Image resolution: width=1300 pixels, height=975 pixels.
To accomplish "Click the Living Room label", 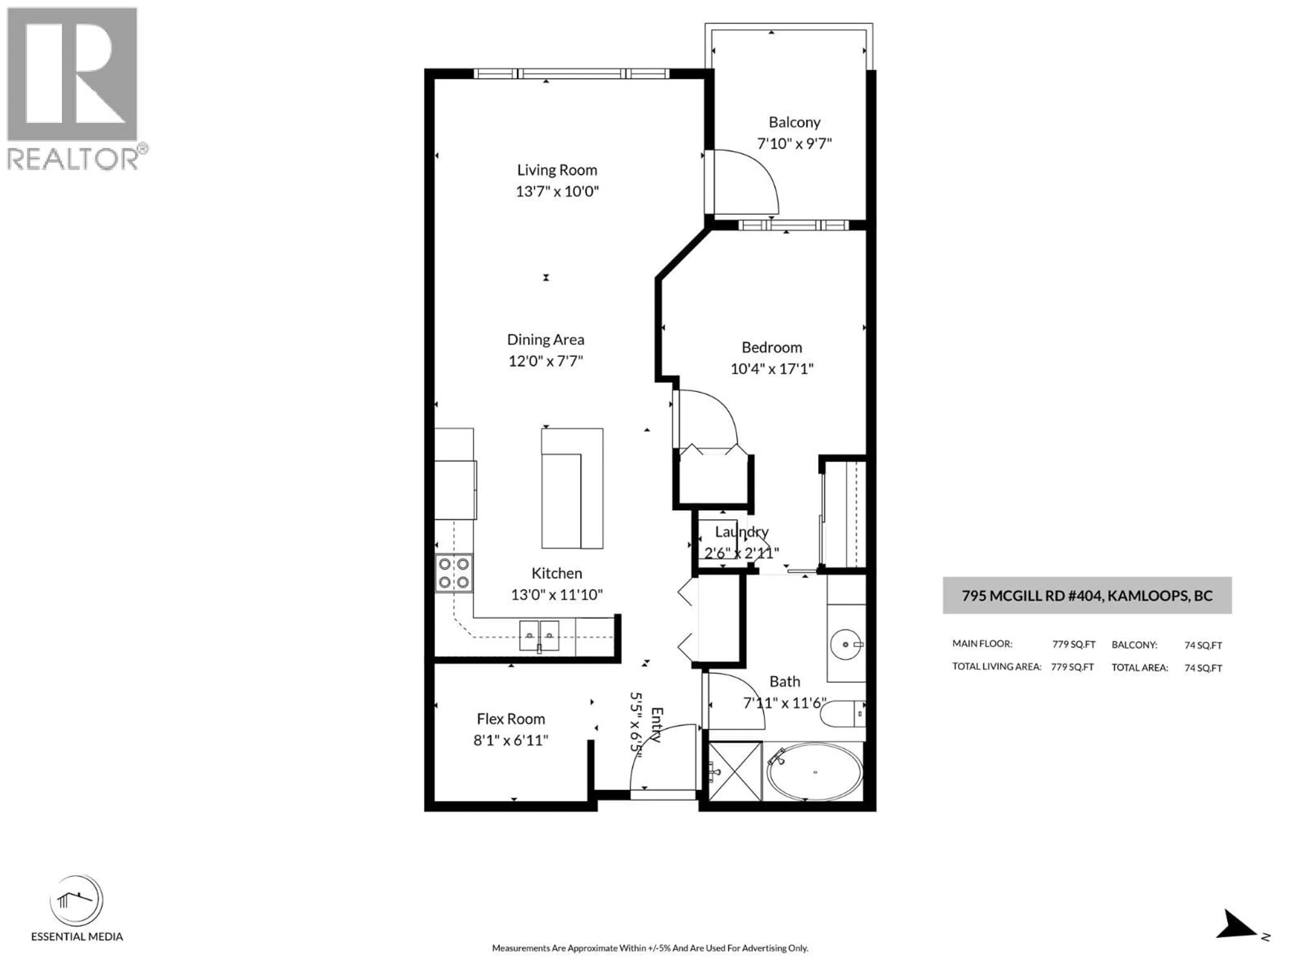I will pyautogui.click(x=557, y=170).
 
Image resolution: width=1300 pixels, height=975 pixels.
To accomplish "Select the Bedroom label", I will pyautogui.click(x=771, y=347).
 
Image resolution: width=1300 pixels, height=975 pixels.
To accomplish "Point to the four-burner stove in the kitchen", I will pyautogui.click(x=454, y=573).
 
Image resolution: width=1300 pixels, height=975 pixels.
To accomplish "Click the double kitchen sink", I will pyautogui.click(x=539, y=636).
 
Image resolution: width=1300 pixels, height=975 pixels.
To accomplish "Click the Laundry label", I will pyautogui.click(x=741, y=532).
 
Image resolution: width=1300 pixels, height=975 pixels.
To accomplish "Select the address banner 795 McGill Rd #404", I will pyautogui.click(x=1087, y=595).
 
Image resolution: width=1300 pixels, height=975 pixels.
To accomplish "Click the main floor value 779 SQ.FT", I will pyautogui.click(x=1073, y=644).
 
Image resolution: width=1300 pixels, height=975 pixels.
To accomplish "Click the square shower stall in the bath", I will pyautogui.click(x=735, y=771).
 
